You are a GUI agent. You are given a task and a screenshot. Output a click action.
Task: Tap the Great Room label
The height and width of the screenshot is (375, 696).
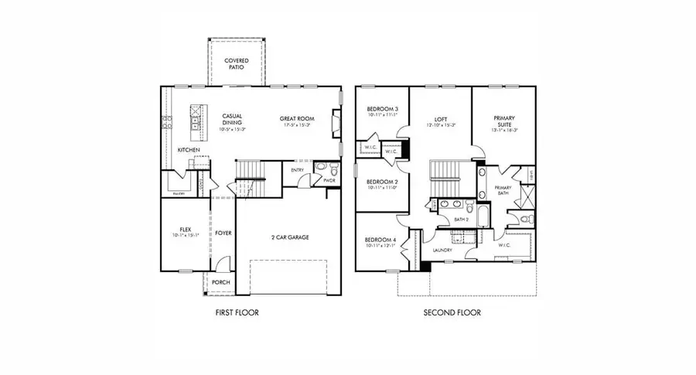click(296, 119)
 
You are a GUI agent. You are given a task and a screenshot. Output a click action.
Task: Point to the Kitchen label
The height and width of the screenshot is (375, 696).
click(189, 149)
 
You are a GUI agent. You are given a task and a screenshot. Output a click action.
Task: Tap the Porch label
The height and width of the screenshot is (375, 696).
click(221, 283)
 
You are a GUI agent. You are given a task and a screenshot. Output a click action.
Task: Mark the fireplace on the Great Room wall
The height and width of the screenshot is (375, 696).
click(335, 124)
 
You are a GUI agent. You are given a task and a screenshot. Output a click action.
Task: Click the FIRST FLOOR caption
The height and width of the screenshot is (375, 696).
click(235, 313)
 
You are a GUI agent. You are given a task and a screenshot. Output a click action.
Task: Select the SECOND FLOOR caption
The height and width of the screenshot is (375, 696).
click(452, 313)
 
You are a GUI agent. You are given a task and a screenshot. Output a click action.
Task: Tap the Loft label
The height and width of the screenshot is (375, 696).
click(439, 119)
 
